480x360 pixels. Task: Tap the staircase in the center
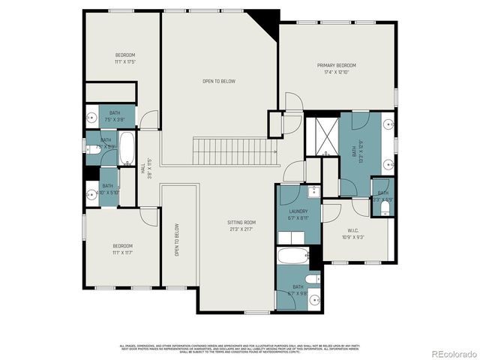[x=231, y=151]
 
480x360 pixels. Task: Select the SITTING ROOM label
[x=241, y=223]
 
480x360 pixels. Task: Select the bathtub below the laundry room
[x=293, y=256]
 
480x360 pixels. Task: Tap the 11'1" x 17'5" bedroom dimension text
[x=124, y=61]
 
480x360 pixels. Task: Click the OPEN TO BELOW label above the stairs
[x=219, y=81]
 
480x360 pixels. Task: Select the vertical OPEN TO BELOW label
[x=178, y=239]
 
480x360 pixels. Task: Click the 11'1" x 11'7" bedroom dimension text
[x=123, y=252]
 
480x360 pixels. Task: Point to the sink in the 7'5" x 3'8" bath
[x=91, y=116]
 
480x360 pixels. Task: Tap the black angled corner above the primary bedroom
[x=268, y=25]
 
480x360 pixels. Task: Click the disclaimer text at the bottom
[x=240, y=348]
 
